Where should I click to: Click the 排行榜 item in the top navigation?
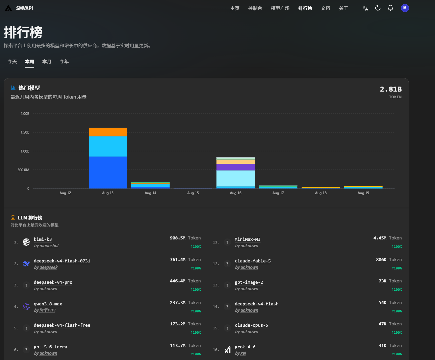click(x=305, y=8)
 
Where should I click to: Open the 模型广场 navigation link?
click(x=280, y=8)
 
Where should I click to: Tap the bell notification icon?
click(x=390, y=8)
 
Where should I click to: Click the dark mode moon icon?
click(x=378, y=8)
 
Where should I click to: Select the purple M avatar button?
click(x=405, y=8)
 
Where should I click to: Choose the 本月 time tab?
click(x=47, y=62)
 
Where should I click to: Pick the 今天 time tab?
click(x=12, y=62)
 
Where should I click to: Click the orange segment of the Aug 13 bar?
click(x=108, y=132)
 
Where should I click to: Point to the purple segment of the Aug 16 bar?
click(x=235, y=167)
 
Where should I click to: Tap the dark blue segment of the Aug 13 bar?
click(x=108, y=173)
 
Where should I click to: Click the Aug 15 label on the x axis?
click(x=193, y=193)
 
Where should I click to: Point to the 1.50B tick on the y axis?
click(x=25, y=133)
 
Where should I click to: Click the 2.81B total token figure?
click(x=391, y=89)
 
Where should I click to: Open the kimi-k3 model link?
click(x=43, y=239)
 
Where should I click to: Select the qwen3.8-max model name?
click(x=48, y=304)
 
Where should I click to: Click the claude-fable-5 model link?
click(x=253, y=261)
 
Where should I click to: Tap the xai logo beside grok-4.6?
click(x=227, y=350)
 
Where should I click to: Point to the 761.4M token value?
click(x=177, y=260)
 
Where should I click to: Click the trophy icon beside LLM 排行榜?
click(x=13, y=217)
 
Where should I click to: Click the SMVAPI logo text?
click(x=25, y=8)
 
